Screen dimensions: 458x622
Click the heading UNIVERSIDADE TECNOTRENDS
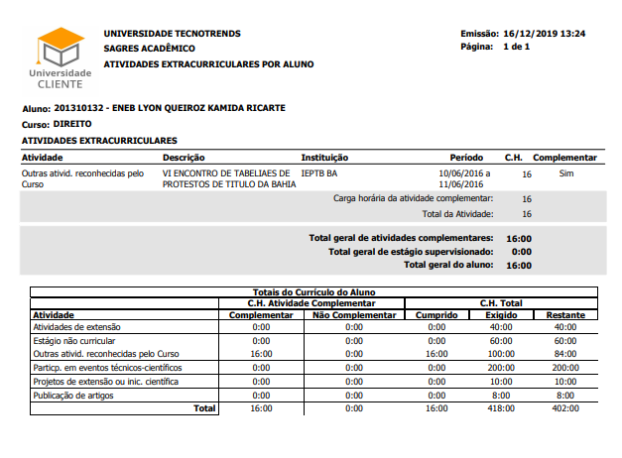click(x=172, y=34)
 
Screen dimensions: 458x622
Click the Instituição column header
click(x=324, y=158)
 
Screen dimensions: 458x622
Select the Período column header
click(x=466, y=158)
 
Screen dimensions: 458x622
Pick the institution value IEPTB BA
click(x=319, y=172)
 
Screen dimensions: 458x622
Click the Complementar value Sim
click(x=566, y=172)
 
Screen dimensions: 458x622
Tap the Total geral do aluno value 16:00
click(x=519, y=265)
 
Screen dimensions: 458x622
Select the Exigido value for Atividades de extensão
click(x=501, y=326)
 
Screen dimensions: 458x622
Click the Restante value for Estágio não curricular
click(x=564, y=340)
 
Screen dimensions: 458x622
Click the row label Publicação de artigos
click(x=74, y=394)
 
